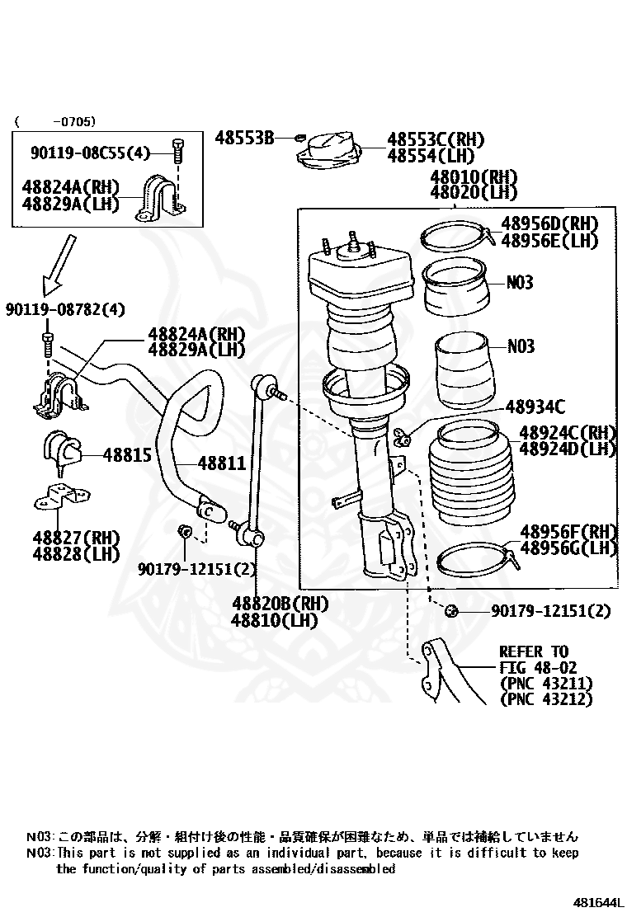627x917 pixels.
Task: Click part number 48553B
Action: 244,138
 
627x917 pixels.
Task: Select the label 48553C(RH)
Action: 436,139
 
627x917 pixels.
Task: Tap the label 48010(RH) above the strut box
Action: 473,177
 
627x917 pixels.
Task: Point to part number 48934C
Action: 535,406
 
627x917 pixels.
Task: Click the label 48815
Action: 127,454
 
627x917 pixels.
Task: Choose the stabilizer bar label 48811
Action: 221,464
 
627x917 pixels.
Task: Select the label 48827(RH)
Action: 76,538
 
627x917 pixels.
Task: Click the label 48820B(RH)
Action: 279,604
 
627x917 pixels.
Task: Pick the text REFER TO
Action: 534,652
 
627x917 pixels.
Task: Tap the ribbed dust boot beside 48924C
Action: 466,474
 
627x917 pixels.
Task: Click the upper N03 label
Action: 520,282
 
